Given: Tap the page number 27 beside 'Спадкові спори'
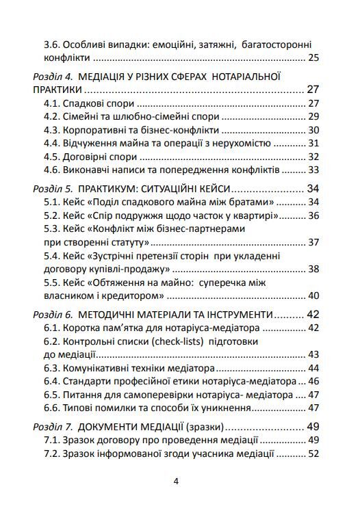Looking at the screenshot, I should coord(314,103).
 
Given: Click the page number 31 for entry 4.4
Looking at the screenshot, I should coord(314,143).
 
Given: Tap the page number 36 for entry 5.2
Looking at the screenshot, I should coord(314,215).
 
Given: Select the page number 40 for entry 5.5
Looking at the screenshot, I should coord(314,295).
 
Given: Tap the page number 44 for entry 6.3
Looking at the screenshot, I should coord(314,368).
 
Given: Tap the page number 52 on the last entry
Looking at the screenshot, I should coord(314,453).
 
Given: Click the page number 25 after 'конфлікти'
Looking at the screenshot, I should coord(314,57).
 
